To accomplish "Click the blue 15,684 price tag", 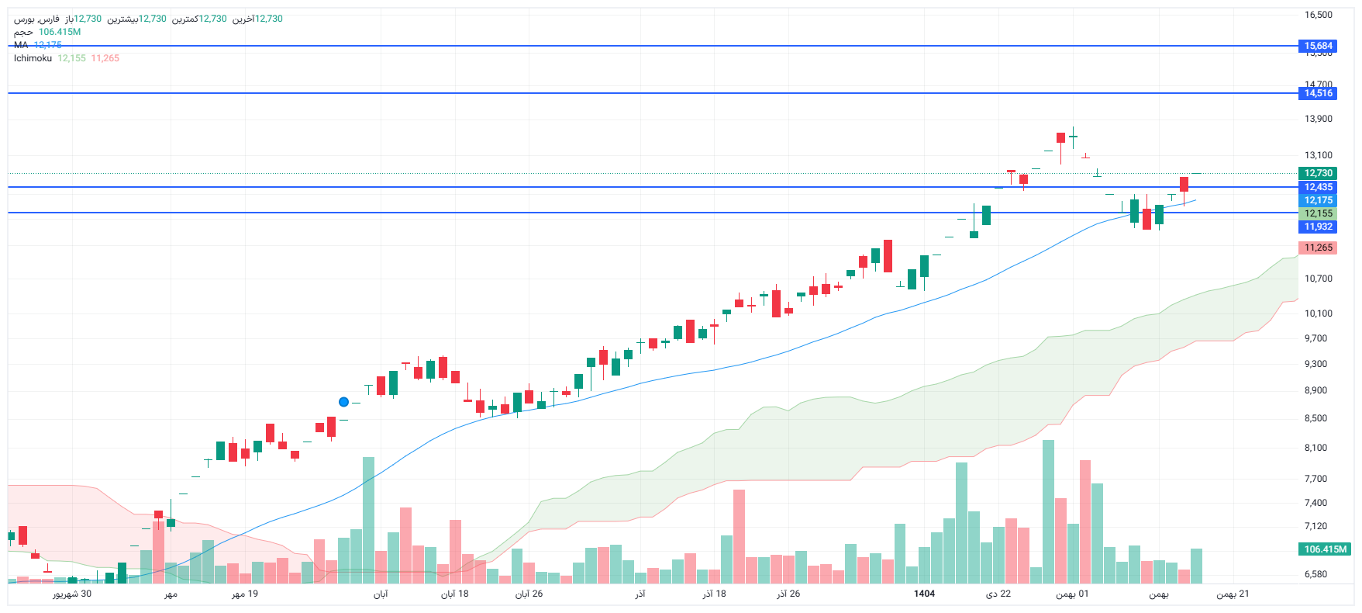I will pos(1318,46).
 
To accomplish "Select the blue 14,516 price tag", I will pos(1318,93).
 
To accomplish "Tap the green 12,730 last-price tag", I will pos(1318,173).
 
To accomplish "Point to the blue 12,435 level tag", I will pos(1318,187).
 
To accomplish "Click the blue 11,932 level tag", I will pos(1318,227).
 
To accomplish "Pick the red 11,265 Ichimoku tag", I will pos(1318,248).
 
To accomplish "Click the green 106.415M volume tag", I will pos(1325,549).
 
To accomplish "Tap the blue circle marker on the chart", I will pos(343,402).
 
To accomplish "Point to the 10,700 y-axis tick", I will pos(1318,279).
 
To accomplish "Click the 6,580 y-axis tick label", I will pos(1315,574).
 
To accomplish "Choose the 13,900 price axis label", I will pos(1318,119).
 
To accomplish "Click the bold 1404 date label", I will pos(924,594).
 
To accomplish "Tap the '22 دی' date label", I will pos(998,594).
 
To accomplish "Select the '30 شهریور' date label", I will pos(72,594).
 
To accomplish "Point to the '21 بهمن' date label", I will pos(1233,594).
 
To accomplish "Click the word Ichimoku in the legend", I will pos(33,58).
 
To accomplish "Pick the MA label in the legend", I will pos(21,45).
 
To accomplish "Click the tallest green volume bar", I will pos(1048,512).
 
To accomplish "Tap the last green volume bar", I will pos(1196,566).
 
